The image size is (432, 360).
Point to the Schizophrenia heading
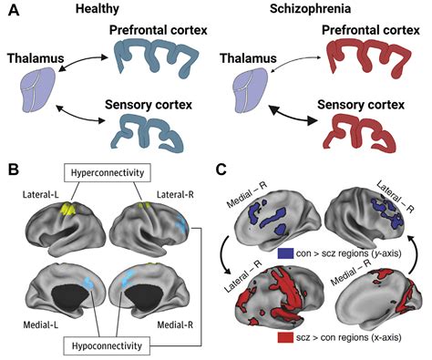[314, 10]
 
